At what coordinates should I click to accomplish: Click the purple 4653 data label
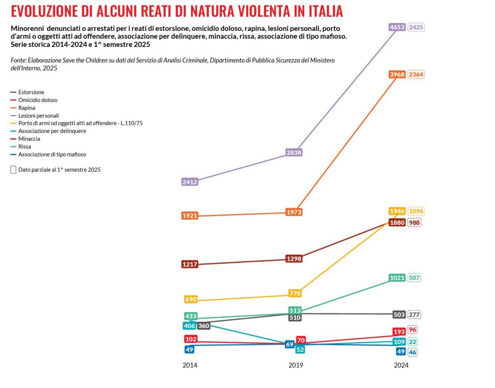coord(397,28)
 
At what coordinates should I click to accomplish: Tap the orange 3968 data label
coord(397,75)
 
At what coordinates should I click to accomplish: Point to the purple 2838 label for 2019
coord(294,152)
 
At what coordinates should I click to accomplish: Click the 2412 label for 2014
coord(190,182)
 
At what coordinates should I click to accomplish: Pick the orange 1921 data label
coord(190,216)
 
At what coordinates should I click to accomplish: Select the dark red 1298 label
coord(294,259)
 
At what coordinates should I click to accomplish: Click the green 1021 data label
coord(397,278)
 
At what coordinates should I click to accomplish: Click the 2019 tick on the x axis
coord(296,366)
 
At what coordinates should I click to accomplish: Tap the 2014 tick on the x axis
coord(190,366)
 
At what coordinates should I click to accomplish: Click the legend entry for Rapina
coord(27,108)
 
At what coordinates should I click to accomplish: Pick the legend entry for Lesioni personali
coord(38,116)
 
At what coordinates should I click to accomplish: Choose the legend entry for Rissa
coord(25,147)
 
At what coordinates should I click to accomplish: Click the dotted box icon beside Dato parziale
coord(13,170)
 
